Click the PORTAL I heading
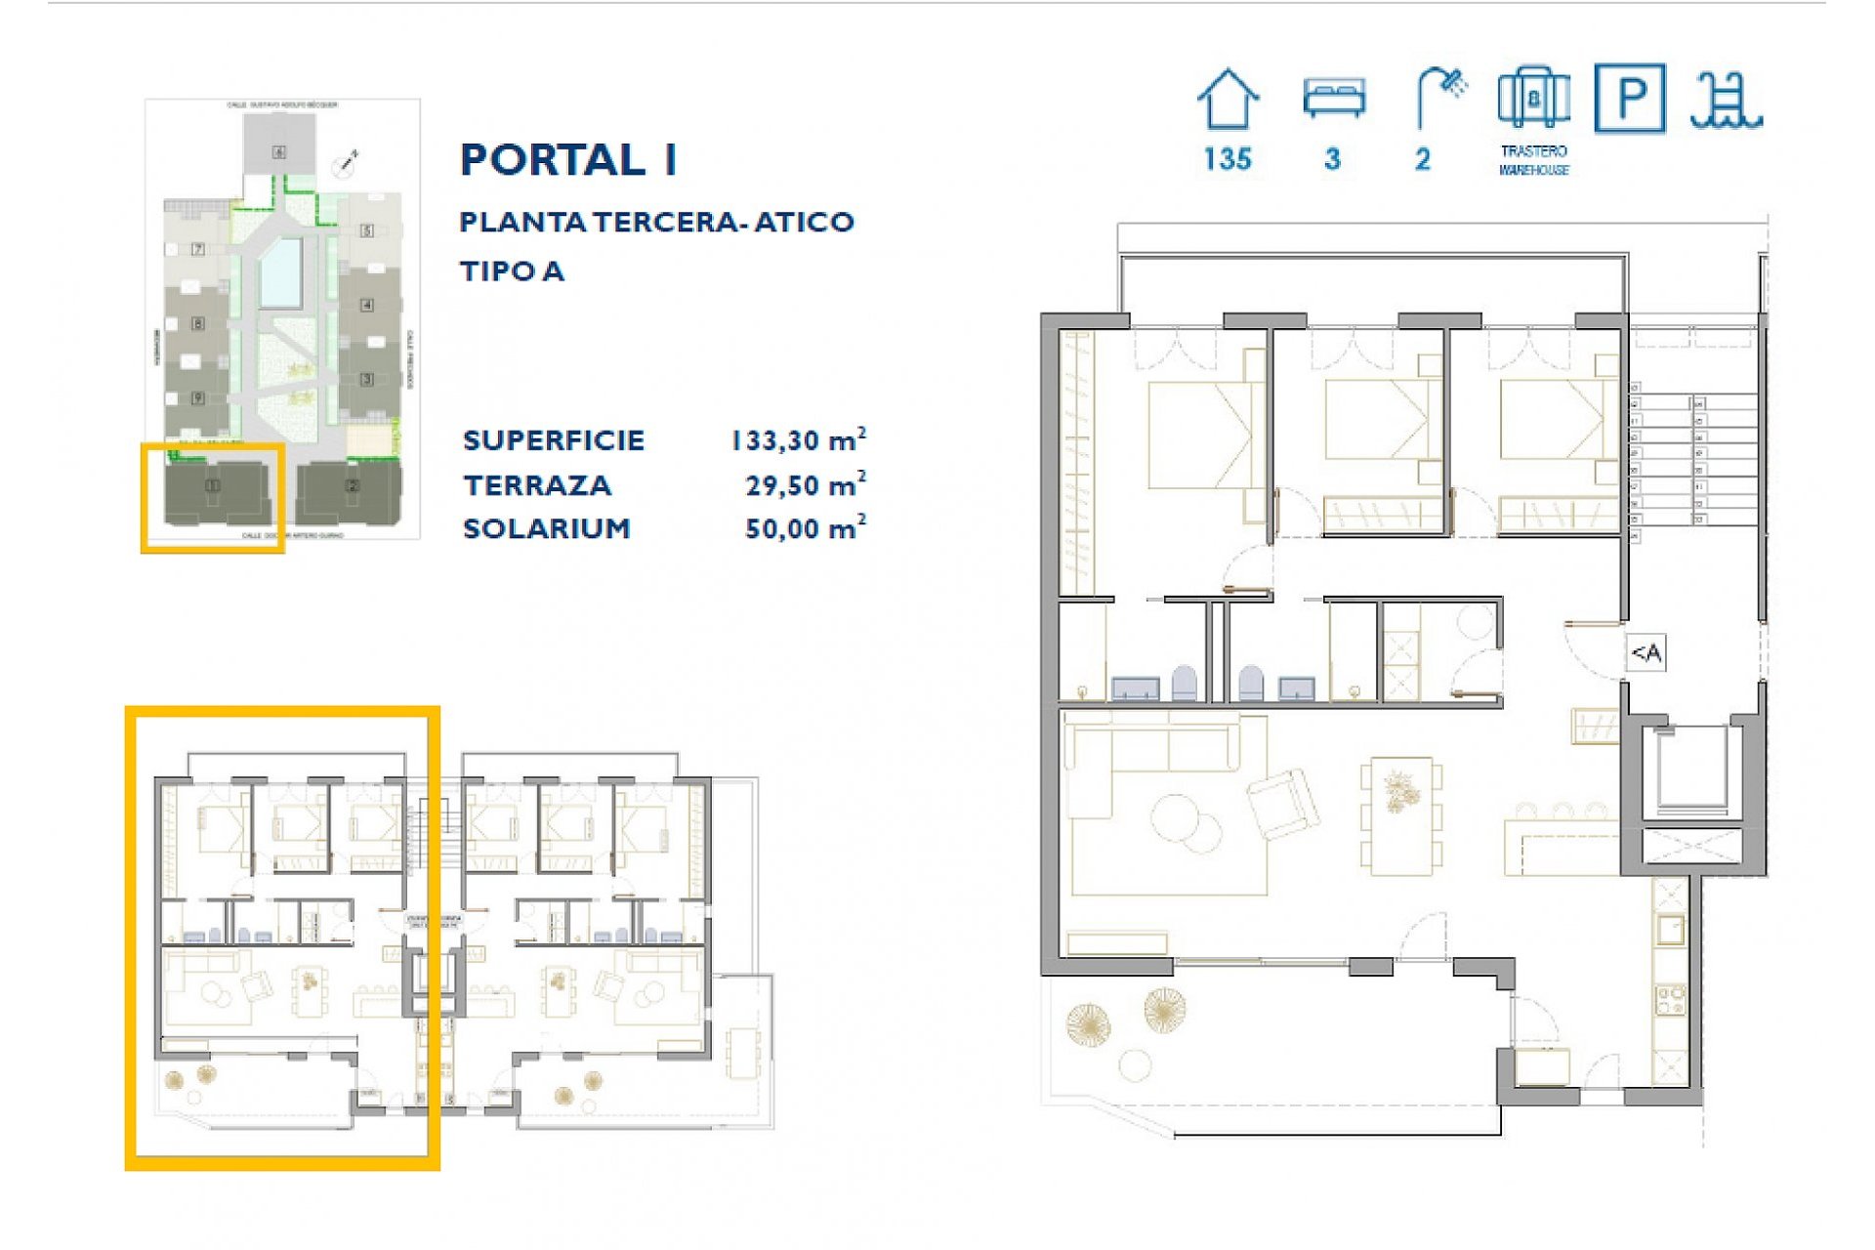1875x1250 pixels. tap(568, 160)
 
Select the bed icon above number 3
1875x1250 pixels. tap(1333, 99)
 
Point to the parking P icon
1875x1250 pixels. tap(1629, 98)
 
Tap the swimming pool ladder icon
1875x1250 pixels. tap(1727, 100)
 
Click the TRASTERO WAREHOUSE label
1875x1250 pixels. tap(1533, 160)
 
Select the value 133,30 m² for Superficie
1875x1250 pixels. tap(798, 440)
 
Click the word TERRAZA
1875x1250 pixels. tap(537, 485)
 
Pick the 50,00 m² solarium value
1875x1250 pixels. tap(805, 529)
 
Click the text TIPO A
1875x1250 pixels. tap(512, 271)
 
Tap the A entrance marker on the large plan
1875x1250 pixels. tap(1646, 652)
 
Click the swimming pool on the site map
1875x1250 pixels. tap(281, 271)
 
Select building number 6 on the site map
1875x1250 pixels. tap(279, 151)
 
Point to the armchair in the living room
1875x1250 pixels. tap(1282, 804)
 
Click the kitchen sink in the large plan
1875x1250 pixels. tap(1669, 930)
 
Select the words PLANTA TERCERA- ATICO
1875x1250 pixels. tap(656, 223)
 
